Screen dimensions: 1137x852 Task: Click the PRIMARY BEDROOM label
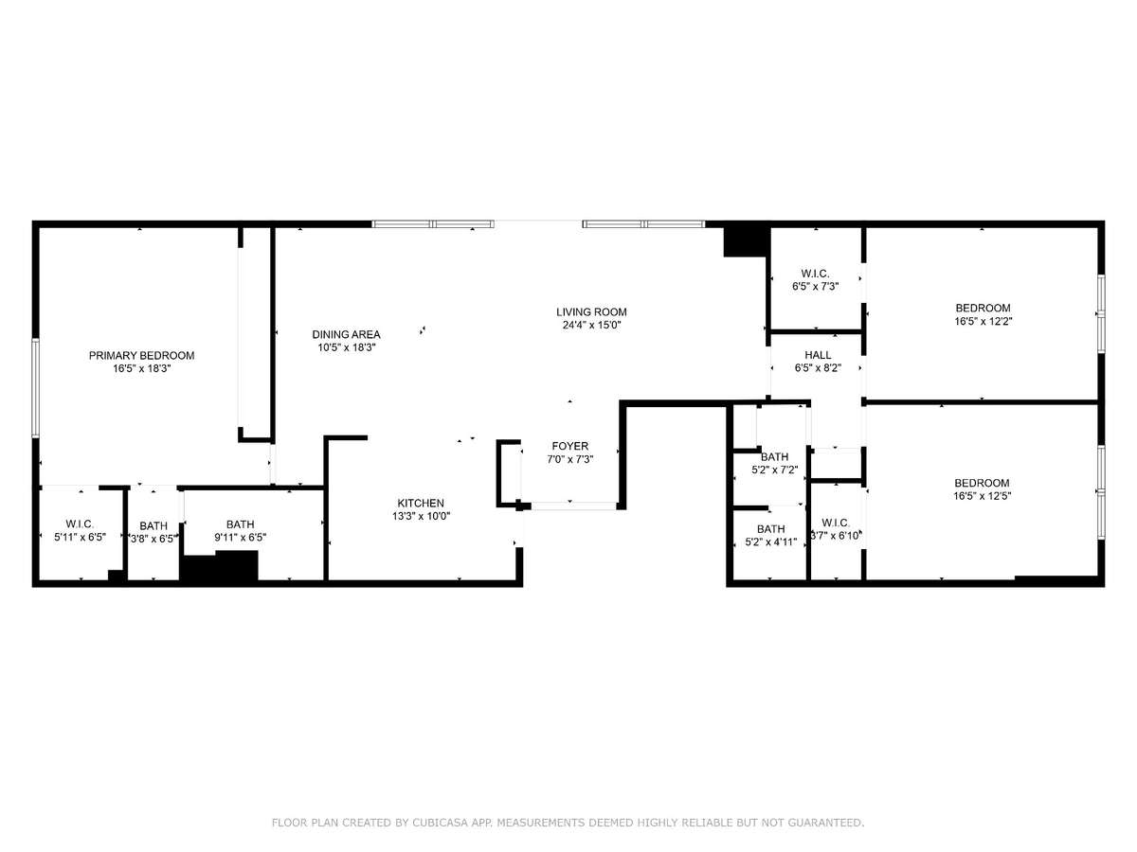coord(141,355)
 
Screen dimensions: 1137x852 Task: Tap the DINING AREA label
coord(346,334)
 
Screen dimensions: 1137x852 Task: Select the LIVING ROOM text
coord(591,312)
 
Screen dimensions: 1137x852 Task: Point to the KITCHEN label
coord(421,503)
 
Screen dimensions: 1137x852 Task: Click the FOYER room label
coord(570,446)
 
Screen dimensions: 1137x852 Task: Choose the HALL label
coord(818,355)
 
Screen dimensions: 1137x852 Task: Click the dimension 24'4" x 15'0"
coord(591,325)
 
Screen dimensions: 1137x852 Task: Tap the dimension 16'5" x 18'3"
coord(142,368)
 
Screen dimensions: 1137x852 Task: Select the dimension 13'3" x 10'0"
coord(421,516)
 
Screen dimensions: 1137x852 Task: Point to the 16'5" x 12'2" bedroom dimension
coord(984,321)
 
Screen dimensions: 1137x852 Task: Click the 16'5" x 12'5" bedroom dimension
coord(983,495)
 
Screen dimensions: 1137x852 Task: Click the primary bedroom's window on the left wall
coord(36,388)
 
